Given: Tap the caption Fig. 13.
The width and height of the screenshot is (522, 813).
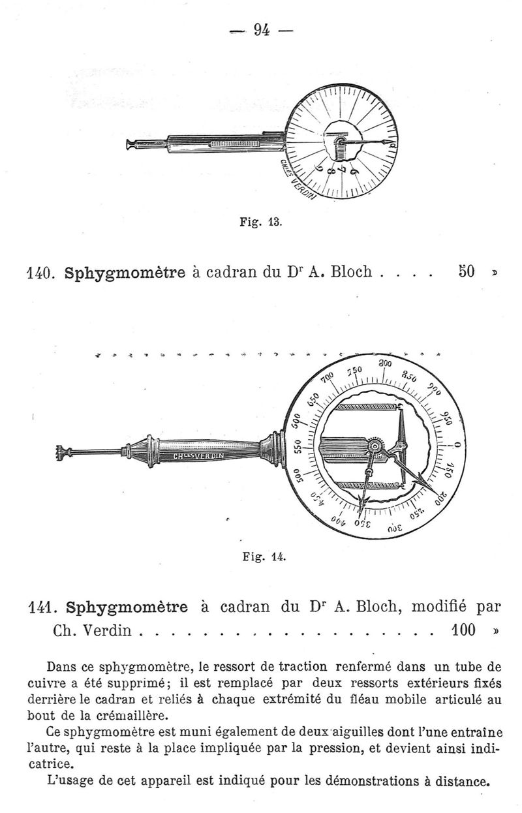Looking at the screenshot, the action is [260, 221].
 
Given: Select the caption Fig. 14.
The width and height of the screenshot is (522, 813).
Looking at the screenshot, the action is [264, 556].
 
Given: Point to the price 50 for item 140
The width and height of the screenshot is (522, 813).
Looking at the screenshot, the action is [466, 271].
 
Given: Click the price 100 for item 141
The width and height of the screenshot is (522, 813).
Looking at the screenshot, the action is [463, 630].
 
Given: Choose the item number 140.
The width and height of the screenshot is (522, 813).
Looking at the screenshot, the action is [40, 273].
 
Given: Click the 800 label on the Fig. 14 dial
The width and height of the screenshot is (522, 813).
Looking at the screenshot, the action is [385, 363].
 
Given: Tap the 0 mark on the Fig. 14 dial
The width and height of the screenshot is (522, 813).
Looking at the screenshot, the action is [457, 444].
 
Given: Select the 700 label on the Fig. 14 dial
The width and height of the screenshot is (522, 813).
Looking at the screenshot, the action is [328, 378].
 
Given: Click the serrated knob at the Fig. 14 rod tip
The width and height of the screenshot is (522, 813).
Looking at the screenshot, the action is [61, 453].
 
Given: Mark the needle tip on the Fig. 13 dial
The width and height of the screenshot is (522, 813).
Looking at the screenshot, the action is [389, 141].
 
